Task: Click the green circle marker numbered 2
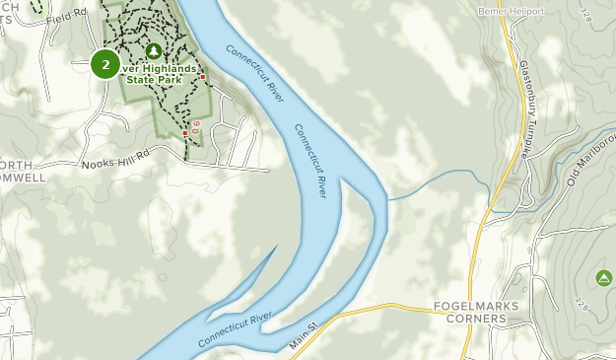tap(105, 65)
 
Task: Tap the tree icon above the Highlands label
tap(153, 50)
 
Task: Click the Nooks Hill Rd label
tap(115, 161)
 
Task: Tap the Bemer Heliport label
tap(511, 12)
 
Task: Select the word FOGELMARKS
tap(475, 307)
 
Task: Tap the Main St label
tap(307, 334)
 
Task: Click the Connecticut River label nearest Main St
tap(234, 328)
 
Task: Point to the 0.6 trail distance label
tap(195, 127)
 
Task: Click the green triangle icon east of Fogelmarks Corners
tap(603, 278)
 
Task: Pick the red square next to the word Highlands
tap(203, 76)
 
